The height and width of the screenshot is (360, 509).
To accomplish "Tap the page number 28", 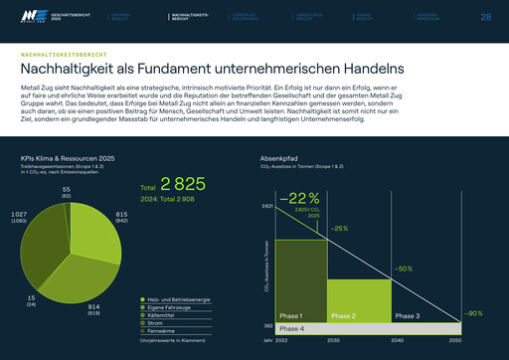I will tap(485, 17).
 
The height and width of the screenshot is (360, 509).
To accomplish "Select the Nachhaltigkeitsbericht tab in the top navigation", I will tap(191, 18).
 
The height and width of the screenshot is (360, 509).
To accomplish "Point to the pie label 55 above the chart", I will tap(67, 189).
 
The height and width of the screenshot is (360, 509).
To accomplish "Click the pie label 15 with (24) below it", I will tap(32, 297).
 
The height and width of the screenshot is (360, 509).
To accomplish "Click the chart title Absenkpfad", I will tap(278, 158).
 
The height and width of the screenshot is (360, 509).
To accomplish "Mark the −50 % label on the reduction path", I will tap(403, 269).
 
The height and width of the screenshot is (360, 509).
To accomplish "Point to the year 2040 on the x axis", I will tap(399, 340).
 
